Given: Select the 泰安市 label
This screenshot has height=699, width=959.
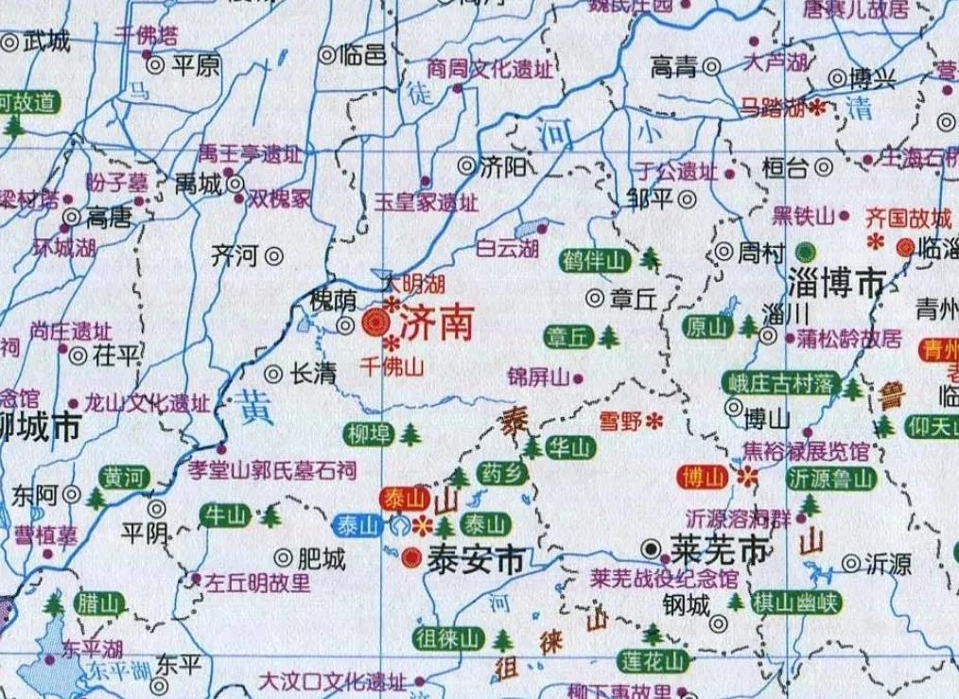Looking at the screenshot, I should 476,559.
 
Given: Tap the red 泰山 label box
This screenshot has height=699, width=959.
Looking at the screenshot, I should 404,498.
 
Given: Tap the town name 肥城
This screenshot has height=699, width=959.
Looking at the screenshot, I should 322,559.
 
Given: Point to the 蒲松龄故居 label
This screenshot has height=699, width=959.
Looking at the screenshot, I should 849,339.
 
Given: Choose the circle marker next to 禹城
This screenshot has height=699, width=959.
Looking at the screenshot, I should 236,183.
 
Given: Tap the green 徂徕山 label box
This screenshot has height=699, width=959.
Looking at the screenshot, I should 448,639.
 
